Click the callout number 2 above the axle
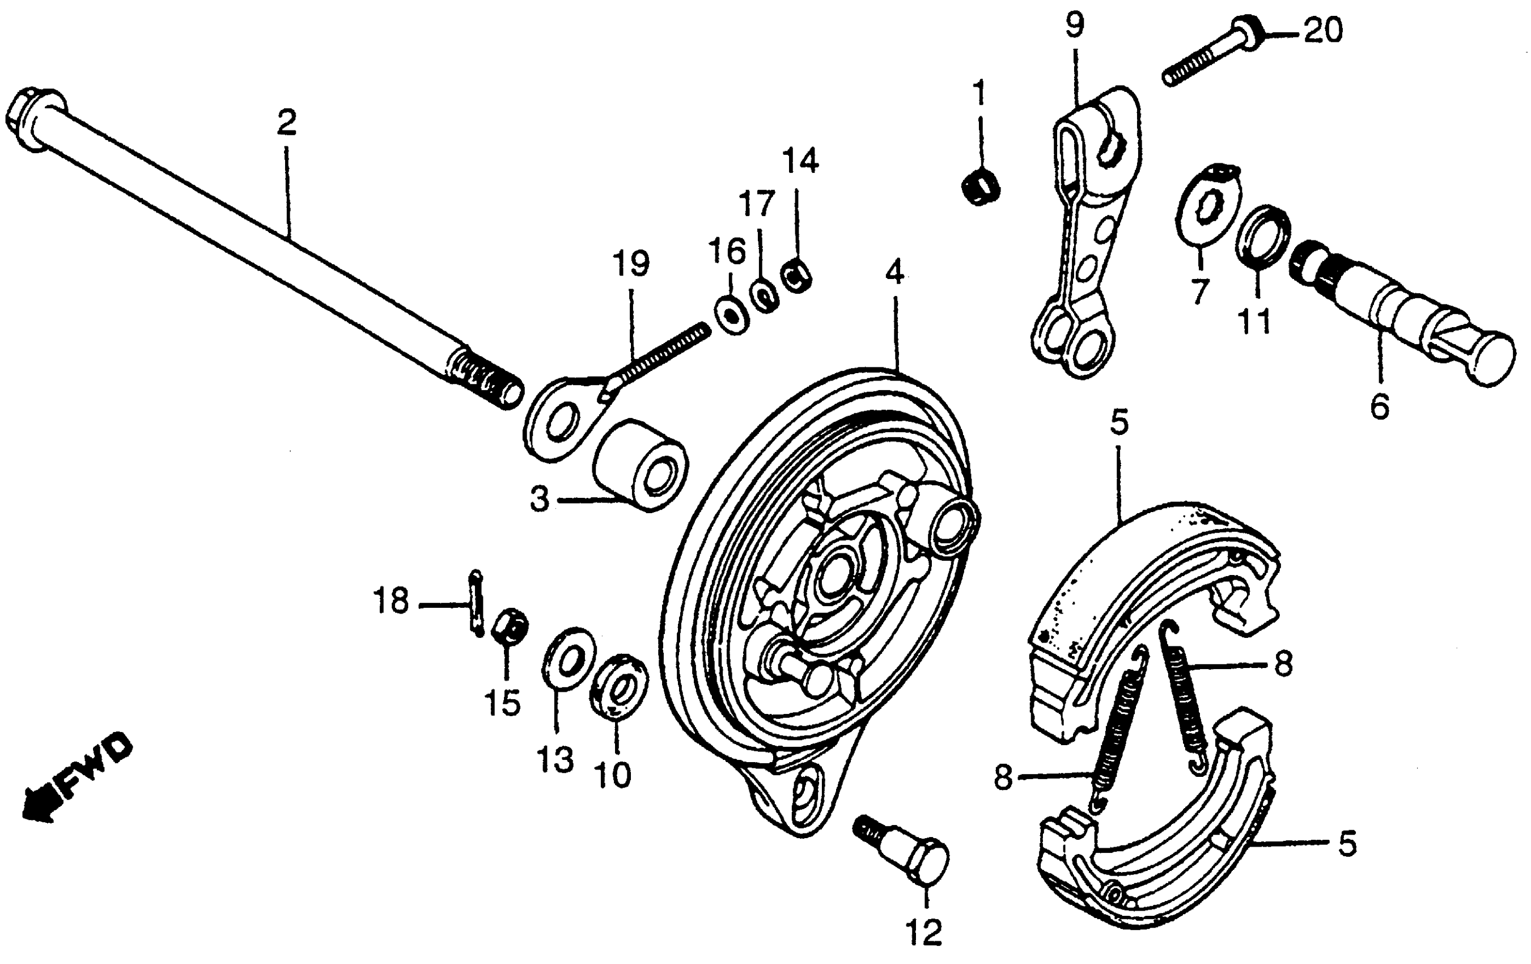pos(286,122)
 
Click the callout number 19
pos(631,264)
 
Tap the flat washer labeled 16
pos(731,313)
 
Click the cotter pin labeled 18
pos(476,601)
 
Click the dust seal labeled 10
pos(618,684)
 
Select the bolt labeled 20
pos(1208,53)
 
